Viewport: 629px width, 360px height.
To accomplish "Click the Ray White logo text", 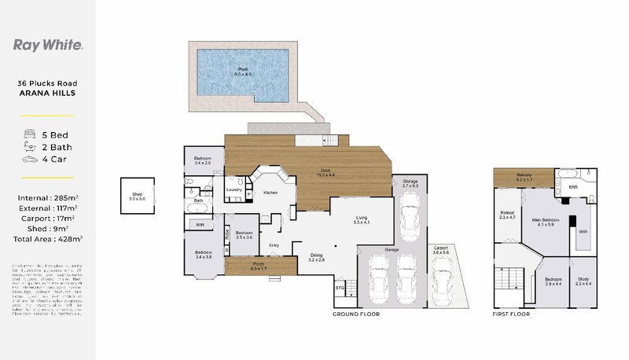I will (49, 45).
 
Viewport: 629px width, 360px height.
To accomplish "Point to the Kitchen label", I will (270, 192).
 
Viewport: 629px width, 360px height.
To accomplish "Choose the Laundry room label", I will (234, 189).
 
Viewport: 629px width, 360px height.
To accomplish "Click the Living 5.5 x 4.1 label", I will (362, 221).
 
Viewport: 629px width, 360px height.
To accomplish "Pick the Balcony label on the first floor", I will (524, 178).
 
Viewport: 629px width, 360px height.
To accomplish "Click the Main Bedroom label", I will (543, 222).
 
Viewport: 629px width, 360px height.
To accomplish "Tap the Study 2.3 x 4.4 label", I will (583, 281).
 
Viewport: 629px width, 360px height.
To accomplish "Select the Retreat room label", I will (507, 215).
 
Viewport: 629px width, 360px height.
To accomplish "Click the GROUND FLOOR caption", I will (357, 314).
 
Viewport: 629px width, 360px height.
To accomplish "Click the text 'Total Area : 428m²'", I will (50, 237).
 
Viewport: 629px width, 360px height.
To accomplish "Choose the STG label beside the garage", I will (340, 288).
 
